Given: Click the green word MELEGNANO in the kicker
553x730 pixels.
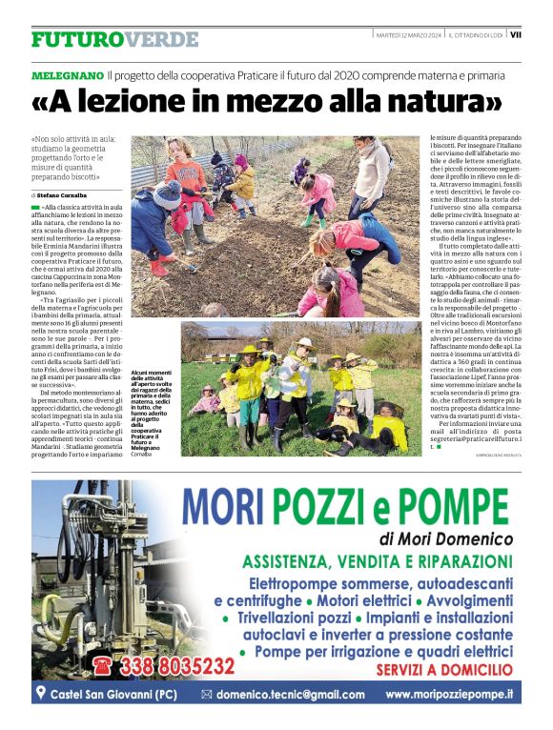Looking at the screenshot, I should (x=67, y=74).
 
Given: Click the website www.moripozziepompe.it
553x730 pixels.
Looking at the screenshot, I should (x=449, y=695).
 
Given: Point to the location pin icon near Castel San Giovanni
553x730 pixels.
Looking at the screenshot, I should (x=40, y=693).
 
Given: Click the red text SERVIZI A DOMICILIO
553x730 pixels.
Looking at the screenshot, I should (x=444, y=671).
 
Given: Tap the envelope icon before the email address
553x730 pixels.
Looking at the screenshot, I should (x=206, y=695).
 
